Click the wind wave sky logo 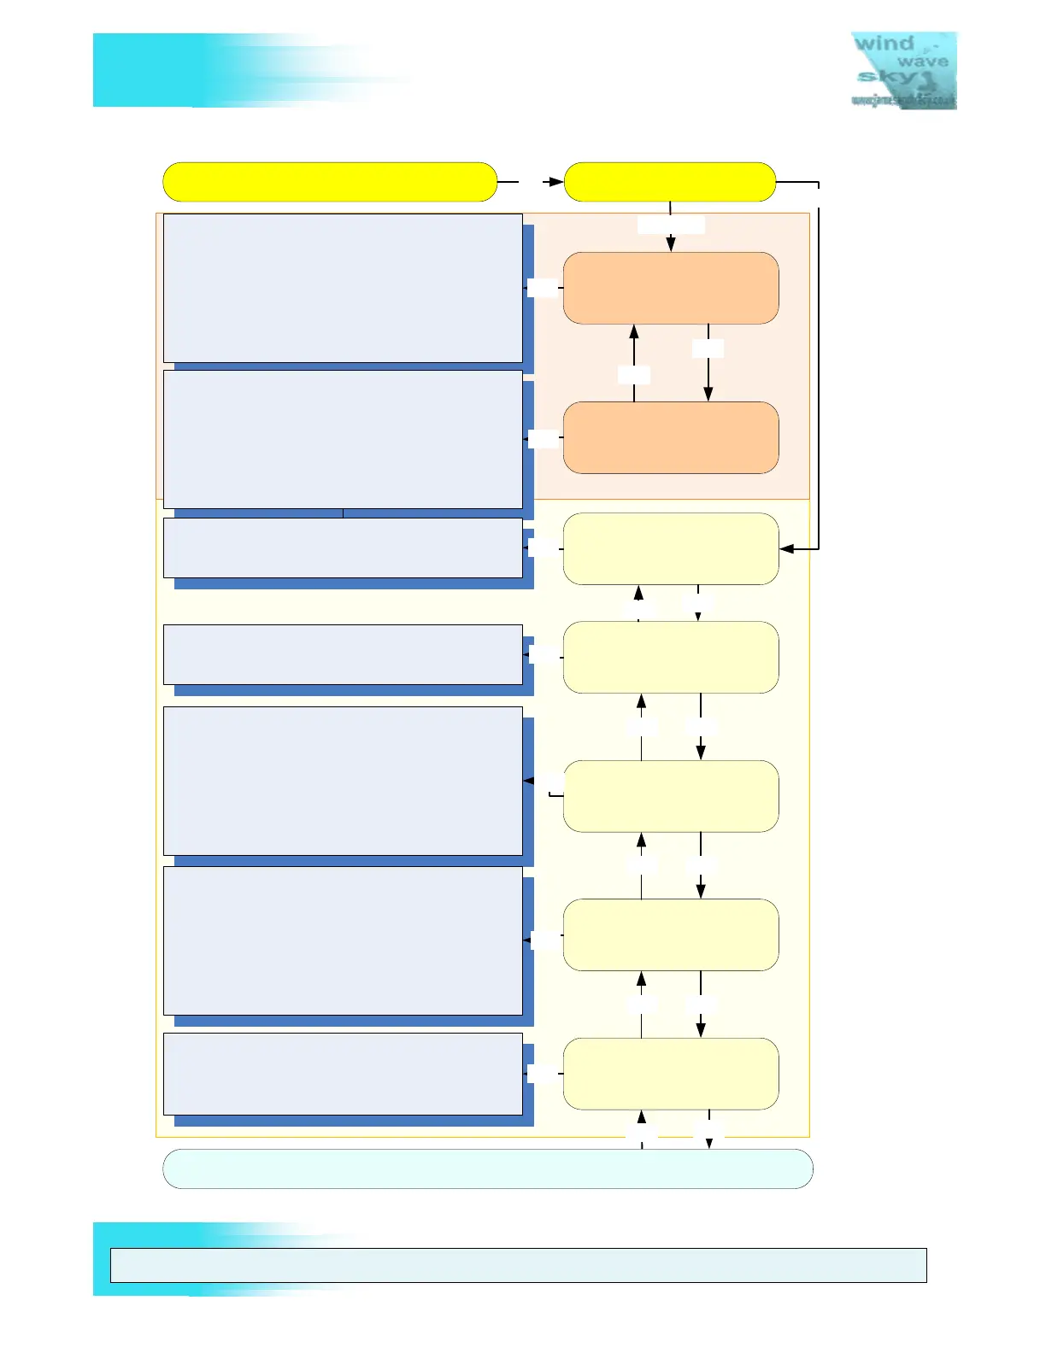tap(903, 70)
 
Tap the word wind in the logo tap(884, 43)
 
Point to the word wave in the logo tap(922, 61)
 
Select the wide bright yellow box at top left tap(330, 182)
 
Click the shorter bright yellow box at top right tap(670, 182)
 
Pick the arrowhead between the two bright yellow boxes tap(556, 182)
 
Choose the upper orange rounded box tap(671, 288)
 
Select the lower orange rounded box tap(671, 437)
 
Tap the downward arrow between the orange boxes tap(708, 393)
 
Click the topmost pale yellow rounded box tap(671, 548)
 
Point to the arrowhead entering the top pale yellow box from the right tap(786, 548)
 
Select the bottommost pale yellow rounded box tap(671, 1074)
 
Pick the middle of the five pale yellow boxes tap(671, 796)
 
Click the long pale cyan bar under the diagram tap(487, 1168)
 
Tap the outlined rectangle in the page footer tap(518, 1265)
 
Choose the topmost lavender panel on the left tap(343, 288)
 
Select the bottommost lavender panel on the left tap(343, 1074)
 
